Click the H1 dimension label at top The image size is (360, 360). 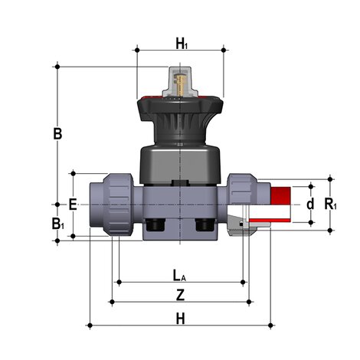pyautogui.click(x=181, y=44)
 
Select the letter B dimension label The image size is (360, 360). pyautogui.click(x=57, y=133)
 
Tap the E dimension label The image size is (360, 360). pyautogui.click(x=73, y=205)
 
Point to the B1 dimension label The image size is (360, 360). pyautogui.click(x=57, y=224)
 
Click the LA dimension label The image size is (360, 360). pyautogui.click(x=179, y=274)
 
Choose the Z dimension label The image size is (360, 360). pyautogui.click(x=180, y=294)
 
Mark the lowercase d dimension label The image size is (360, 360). pyautogui.click(x=310, y=205)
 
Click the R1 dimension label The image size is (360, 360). pyautogui.click(x=330, y=205)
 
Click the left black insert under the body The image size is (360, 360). pyautogui.click(x=157, y=226)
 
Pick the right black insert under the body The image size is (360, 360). pyautogui.click(x=205, y=226)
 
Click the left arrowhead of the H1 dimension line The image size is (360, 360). pyautogui.click(x=139, y=51)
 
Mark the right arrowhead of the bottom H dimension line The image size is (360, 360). pyautogui.click(x=270, y=326)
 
